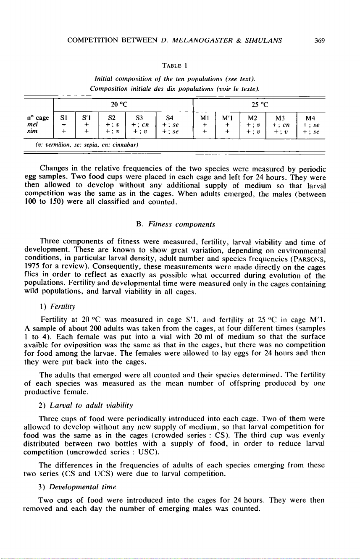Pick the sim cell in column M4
(310, 131)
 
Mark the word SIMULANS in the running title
(260, 40)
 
